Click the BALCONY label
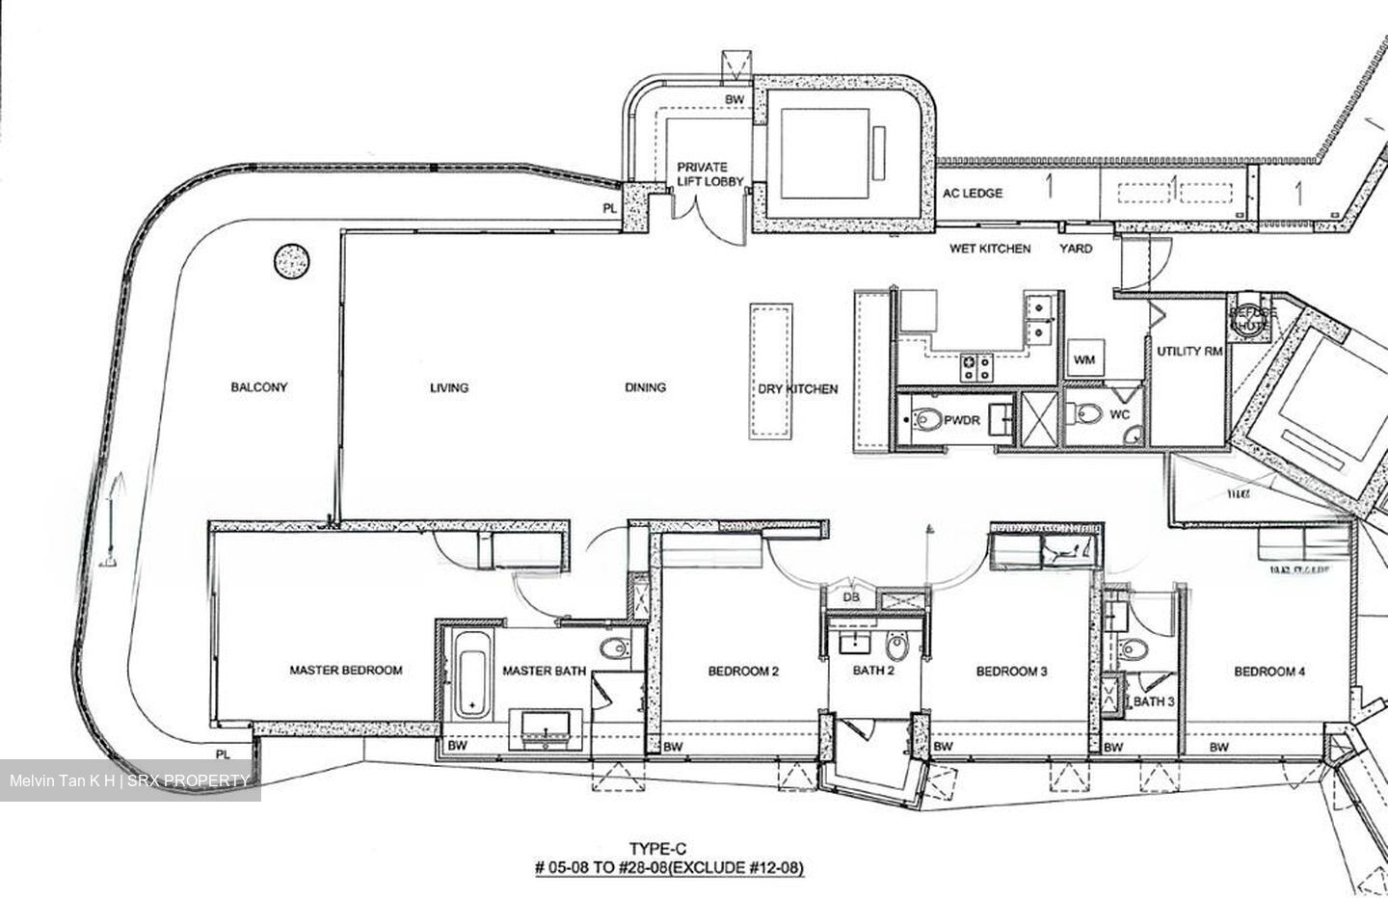[258, 387]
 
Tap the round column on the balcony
[292, 260]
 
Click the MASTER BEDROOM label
[346, 671]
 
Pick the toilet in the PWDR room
[928, 420]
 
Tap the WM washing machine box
[1084, 360]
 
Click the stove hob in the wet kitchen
[974, 366]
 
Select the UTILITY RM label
[1189, 352]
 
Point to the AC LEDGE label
[973, 194]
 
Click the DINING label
[645, 387]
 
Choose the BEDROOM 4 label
[1269, 672]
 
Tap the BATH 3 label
[1153, 701]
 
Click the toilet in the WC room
[1087, 413]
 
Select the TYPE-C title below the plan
[668, 849]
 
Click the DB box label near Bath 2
[851, 597]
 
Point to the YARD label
[1076, 249]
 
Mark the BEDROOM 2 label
[743, 672]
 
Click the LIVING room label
[448, 387]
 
